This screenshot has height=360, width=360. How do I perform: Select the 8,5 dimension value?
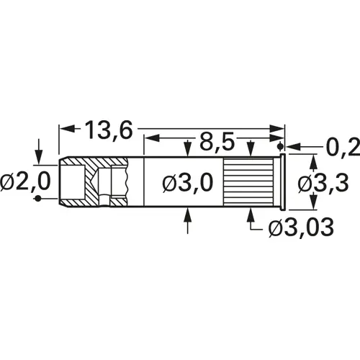coord(214,140)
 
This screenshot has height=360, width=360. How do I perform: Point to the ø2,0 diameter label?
coord(25,183)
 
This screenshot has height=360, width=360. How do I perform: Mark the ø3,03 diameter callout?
coord(300,229)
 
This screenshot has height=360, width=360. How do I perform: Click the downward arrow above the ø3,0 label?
coord(189,150)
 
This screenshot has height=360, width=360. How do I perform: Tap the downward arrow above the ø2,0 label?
coord(38,154)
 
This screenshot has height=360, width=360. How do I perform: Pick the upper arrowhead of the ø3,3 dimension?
coord(311,159)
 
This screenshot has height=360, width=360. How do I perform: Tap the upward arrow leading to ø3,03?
coord(250,214)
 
